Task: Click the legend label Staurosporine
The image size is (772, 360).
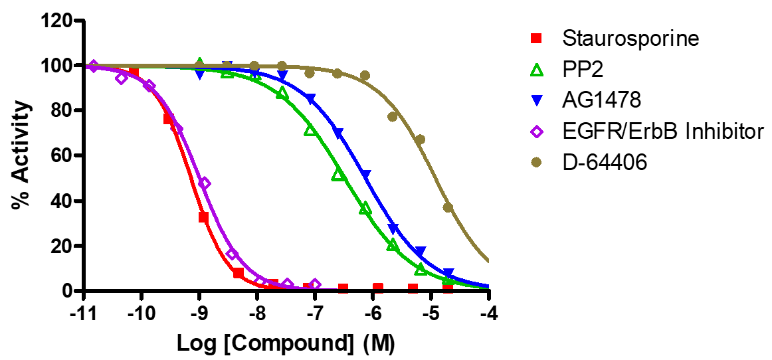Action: tap(630, 39)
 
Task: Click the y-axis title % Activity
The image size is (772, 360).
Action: tap(20, 155)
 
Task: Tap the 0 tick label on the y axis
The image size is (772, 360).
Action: tap(67, 291)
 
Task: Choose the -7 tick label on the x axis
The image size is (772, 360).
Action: tap(315, 312)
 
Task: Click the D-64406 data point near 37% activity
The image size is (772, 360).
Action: tap(448, 207)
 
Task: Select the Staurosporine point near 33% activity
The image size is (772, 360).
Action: tap(203, 217)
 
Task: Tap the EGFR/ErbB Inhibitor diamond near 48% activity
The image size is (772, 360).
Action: tap(205, 183)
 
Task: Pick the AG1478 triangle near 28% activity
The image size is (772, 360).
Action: tap(393, 228)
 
